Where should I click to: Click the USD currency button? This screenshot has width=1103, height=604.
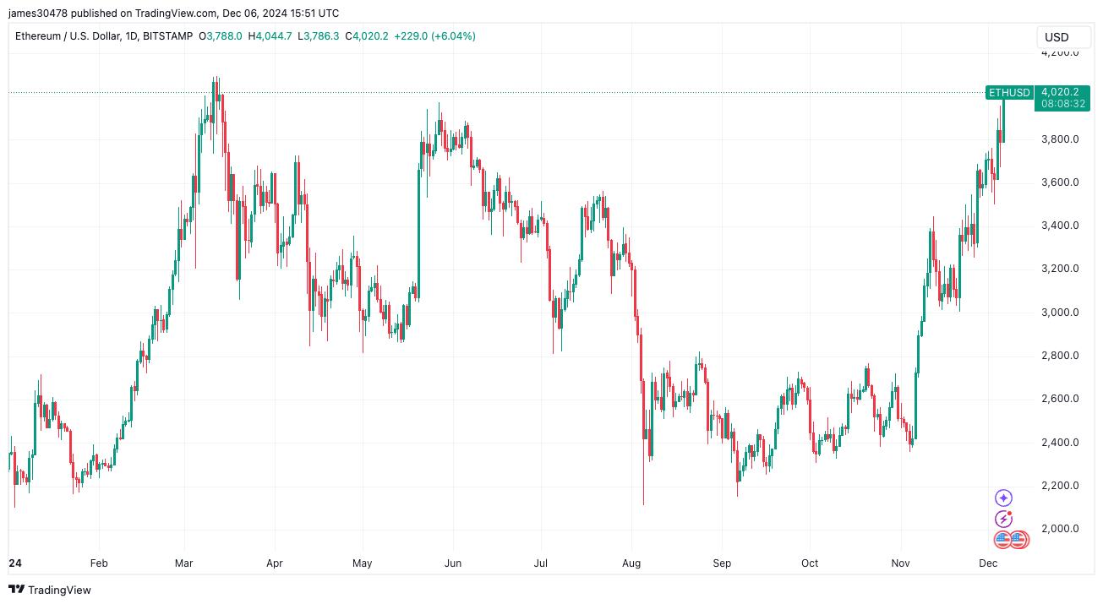(1062, 37)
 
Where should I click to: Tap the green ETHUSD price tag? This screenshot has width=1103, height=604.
(1009, 92)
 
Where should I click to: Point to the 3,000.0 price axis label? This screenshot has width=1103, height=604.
(1060, 313)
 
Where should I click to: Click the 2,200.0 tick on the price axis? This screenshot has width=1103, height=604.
(1060, 486)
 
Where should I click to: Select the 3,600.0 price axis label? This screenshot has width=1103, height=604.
(1060, 182)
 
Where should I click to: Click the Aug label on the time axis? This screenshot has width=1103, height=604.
(631, 563)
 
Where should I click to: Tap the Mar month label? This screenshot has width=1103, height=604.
(184, 563)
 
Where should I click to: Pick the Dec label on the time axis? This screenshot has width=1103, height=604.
(988, 563)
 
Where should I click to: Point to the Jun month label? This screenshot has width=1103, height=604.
(453, 563)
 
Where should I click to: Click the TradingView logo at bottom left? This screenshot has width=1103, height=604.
(50, 590)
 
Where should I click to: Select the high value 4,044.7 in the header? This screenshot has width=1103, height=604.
(274, 36)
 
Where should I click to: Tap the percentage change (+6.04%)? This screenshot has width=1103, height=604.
(453, 36)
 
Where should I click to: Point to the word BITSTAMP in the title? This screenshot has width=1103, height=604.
(167, 36)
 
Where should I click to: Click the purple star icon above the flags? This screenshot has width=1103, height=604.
(1003, 498)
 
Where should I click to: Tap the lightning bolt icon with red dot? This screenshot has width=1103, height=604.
(1003, 519)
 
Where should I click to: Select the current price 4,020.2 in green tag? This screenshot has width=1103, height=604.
(1060, 91)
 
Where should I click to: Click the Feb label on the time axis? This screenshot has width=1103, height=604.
(99, 563)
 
